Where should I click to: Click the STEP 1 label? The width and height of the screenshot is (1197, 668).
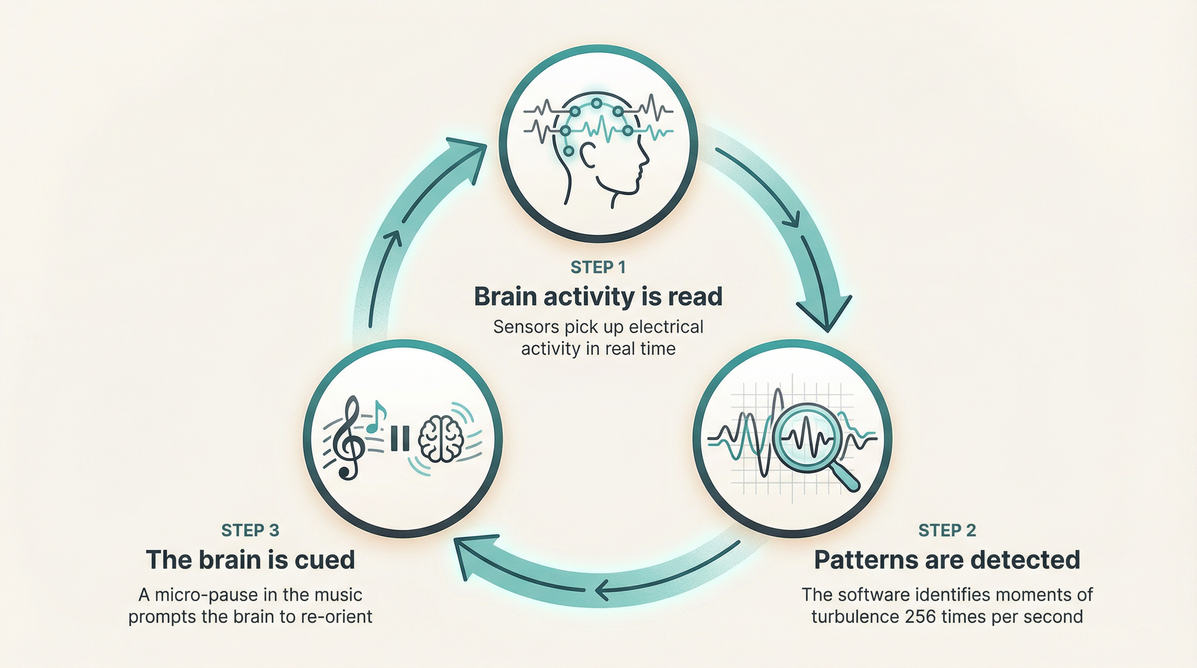[598, 267]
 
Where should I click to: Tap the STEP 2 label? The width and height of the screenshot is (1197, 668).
[947, 530]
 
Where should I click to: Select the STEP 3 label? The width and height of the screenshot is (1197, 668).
[250, 530]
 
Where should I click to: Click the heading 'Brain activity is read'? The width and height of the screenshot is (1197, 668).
[598, 296]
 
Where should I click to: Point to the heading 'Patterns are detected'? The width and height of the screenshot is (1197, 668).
[947, 559]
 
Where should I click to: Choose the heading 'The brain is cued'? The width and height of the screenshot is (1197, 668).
[250, 559]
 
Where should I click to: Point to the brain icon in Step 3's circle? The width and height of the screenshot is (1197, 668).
[441, 439]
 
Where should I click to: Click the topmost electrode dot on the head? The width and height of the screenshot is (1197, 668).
[596, 103]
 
